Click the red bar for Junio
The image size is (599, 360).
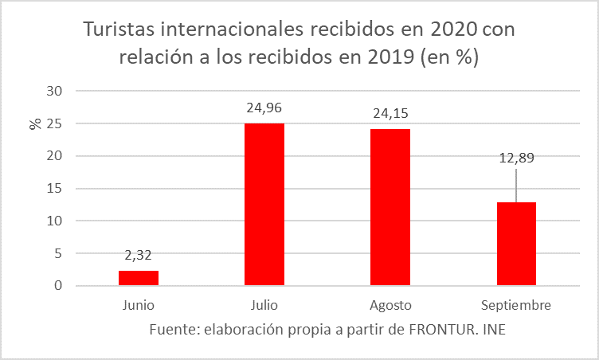tap(139, 278)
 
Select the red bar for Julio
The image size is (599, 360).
tap(264, 205)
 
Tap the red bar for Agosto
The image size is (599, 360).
tap(390, 207)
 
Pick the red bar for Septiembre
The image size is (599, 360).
tap(516, 244)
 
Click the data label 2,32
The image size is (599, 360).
tap(139, 256)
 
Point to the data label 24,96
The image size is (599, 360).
tap(264, 108)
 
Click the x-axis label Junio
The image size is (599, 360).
tap(139, 305)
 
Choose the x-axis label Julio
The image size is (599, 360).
tap(264, 305)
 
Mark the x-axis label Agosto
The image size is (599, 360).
tap(390, 305)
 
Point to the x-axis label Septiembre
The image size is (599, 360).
tap(516, 305)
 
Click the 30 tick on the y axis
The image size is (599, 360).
tap(53, 91)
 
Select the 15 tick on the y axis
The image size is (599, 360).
tap(53, 189)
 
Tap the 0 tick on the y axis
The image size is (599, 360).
tap(57, 286)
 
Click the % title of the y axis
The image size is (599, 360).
tap(35, 123)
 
